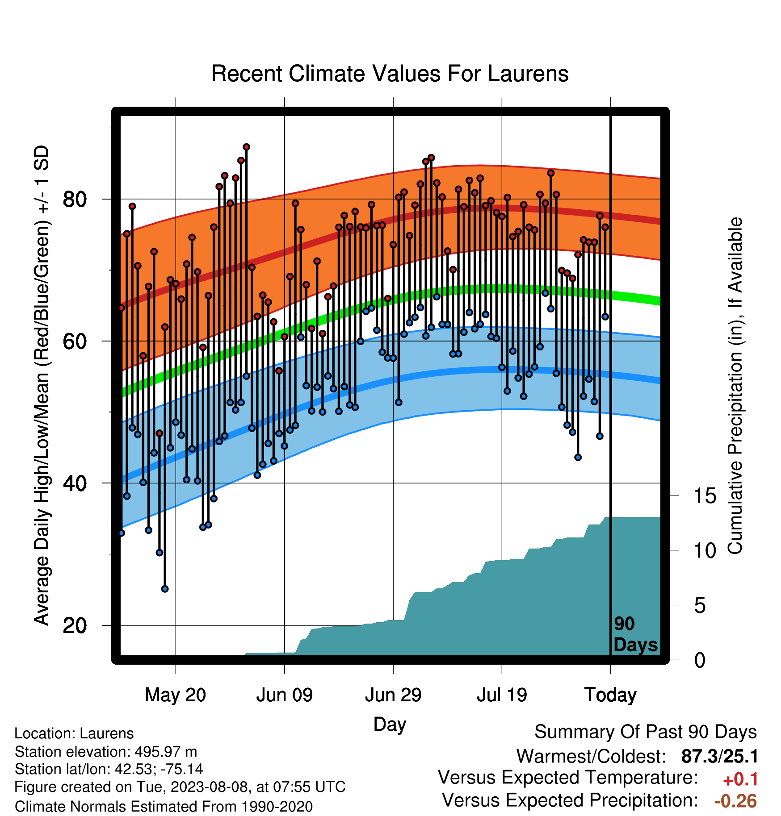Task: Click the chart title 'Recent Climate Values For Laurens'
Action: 390,74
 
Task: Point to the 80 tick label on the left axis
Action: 75,199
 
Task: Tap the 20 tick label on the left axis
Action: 75,625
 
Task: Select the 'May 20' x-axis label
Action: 176,695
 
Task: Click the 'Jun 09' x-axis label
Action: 285,695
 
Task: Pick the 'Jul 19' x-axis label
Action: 502,695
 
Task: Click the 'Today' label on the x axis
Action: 610,695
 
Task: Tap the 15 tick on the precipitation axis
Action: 705,496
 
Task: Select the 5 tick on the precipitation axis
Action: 700,606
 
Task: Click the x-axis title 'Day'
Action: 390,724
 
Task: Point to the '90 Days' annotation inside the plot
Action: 635,634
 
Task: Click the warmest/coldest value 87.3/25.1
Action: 719,756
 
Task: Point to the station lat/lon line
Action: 109,769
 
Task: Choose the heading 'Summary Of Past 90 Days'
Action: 646,732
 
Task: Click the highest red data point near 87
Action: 246,147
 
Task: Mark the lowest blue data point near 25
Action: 165,589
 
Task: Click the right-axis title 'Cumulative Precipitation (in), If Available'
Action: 735,386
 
